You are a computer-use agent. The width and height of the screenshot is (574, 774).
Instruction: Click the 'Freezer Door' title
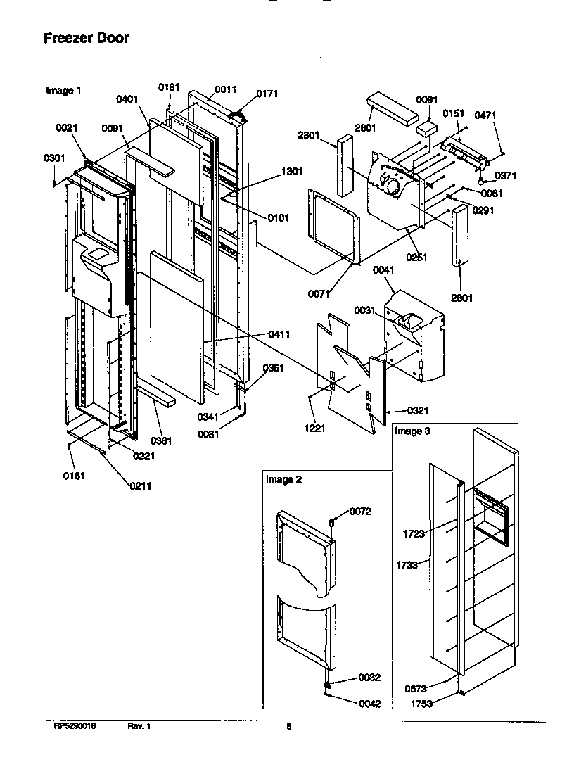coord(87,39)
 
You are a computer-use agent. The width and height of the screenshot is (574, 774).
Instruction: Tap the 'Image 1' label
coord(63,91)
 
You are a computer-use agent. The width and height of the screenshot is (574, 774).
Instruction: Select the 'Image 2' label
coord(283,480)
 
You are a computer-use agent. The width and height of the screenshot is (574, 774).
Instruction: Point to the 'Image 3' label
coord(412,431)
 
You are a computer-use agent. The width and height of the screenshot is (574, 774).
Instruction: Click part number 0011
coord(226,89)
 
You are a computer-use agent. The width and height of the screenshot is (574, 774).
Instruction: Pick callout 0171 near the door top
coord(267,94)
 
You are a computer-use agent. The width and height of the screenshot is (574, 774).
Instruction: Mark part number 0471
coord(485,115)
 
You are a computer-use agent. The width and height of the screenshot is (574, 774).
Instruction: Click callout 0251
coord(417,258)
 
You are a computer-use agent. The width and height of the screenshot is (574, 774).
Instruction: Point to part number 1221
coord(314,428)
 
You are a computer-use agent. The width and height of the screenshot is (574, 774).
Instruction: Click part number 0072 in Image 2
coord(360,511)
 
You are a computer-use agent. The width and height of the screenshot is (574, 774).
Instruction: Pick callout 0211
coord(139,486)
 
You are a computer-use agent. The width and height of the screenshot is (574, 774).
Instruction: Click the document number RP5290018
coord(74,727)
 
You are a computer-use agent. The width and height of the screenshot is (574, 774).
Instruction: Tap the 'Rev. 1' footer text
coord(139,727)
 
